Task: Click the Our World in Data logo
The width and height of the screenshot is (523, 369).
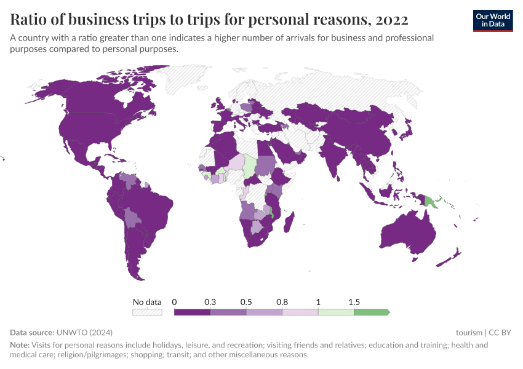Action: click(x=492, y=20)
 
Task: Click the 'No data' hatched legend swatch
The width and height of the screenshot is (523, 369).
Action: click(x=147, y=312)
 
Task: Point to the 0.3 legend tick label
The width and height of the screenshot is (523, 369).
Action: click(x=210, y=302)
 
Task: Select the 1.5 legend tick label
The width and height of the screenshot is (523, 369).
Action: click(x=354, y=302)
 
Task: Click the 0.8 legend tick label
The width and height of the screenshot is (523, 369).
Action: click(x=282, y=302)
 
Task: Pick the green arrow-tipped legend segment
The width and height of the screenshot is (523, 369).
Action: click(x=371, y=312)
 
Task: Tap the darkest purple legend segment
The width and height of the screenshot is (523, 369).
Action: click(x=193, y=312)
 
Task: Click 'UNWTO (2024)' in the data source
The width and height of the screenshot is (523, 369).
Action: click(x=85, y=332)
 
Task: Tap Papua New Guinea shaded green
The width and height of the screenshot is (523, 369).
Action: click(x=433, y=201)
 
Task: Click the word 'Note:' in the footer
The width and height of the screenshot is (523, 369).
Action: click(x=20, y=345)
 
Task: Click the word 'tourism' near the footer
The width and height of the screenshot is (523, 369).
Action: click(x=469, y=332)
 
